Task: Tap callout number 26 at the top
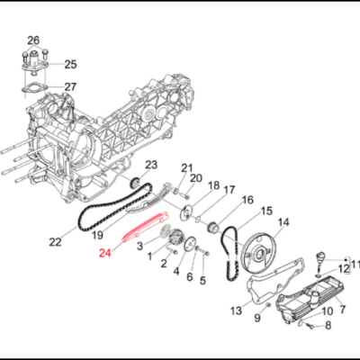(x=33, y=40)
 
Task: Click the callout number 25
(x=70, y=64)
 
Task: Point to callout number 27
(x=70, y=86)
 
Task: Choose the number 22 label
(x=56, y=241)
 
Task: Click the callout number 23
(x=151, y=164)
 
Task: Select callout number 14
(x=283, y=222)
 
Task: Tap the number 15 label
(x=266, y=211)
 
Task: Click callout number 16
(x=247, y=200)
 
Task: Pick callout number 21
(x=187, y=167)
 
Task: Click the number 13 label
(x=235, y=310)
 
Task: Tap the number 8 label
(x=328, y=325)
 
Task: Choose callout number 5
(x=202, y=280)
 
